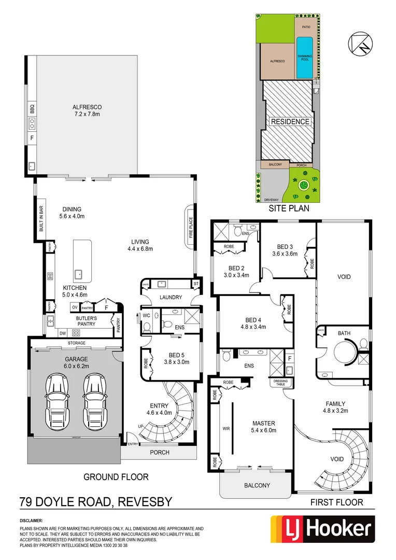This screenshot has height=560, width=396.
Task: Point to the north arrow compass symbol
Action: point(360,43)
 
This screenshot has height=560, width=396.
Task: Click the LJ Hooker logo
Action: point(321,529)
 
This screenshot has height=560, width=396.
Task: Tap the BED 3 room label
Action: point(286,246)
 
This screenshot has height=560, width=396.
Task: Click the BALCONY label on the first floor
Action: point(257,485)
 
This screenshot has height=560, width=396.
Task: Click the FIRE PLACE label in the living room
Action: point(191,224)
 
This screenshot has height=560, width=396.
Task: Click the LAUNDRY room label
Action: point(171,297)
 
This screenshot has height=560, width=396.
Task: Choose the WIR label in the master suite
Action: point(225,429)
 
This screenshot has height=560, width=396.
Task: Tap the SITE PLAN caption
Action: point(289,209)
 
